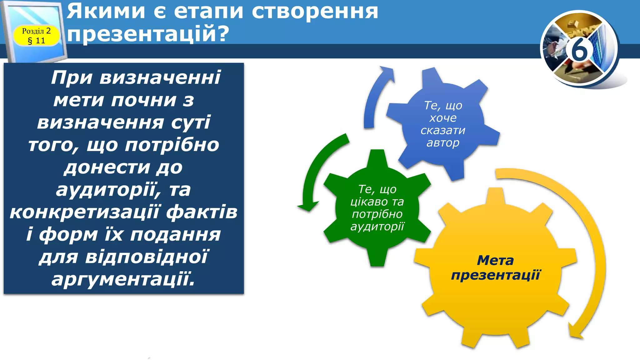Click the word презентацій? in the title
(148, 34)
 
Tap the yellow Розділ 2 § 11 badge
(36, 36)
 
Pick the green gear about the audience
(377, 208)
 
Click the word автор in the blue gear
(443, 143)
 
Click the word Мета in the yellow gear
(495, 260)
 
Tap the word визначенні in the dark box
(160, 77)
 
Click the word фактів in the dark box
(202, 212)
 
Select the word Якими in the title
(106, 11)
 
